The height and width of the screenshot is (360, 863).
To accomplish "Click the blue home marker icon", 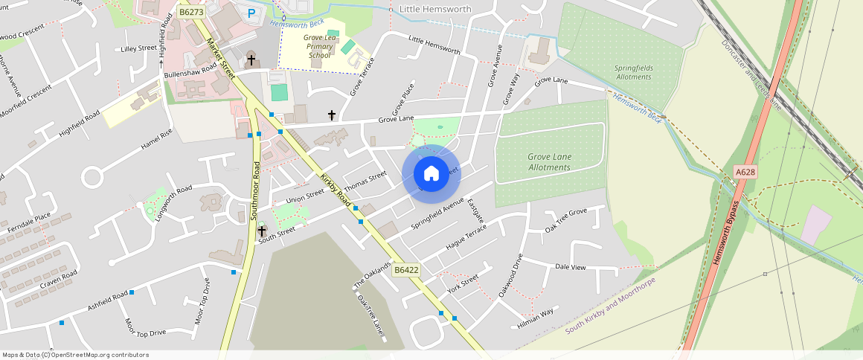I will (x=431, y=174).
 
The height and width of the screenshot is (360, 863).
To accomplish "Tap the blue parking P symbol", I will (x=251, y=13).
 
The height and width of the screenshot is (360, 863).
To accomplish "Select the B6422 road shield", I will (x=407, y=270).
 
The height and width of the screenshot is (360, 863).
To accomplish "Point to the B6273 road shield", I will (x=192, y=12).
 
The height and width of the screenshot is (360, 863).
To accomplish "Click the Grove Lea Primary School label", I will (x=320, y=45).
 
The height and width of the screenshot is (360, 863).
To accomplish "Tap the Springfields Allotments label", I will (x=633, y=72).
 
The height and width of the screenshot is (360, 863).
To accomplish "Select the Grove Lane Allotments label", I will (x=549, y=162).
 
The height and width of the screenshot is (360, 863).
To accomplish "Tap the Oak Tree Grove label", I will (x=565, y=220).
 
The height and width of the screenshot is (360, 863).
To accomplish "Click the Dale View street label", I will (x=571, y=267).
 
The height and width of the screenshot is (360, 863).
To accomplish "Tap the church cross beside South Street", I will (x=262, y=231).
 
